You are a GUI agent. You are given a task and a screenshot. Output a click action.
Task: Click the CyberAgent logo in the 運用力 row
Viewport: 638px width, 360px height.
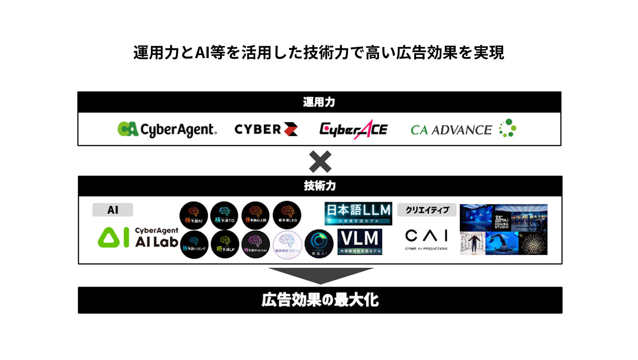tap(167, 130)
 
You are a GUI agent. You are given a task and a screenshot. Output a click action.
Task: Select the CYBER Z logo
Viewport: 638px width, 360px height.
tap(266, 129)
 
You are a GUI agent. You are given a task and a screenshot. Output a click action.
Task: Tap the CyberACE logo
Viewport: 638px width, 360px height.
tap(353, 130)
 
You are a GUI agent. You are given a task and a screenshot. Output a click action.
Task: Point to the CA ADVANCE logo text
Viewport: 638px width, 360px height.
tap(451, 130)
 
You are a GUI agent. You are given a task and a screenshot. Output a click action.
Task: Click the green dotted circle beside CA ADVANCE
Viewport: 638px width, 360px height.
tap(508, 128)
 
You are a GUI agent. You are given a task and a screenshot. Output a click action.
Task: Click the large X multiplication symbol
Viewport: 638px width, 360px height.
tap(320, 161)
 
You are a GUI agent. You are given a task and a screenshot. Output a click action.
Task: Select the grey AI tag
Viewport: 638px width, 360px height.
tap(113, 210)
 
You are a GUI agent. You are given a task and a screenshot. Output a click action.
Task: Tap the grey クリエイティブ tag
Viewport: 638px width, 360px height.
tap(427, 210)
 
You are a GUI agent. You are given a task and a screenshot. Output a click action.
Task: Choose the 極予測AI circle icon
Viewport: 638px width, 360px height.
tap(194, 215)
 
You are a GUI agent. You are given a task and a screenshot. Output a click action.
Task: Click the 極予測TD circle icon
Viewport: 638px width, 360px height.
tap(224, 215)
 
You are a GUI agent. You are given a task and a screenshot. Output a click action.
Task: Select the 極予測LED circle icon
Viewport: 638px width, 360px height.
tap(287, 215)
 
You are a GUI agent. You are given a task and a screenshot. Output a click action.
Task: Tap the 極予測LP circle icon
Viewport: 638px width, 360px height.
tap(225, 244)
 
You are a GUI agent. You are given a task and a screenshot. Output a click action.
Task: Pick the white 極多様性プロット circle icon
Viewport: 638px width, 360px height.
tap(287, 244)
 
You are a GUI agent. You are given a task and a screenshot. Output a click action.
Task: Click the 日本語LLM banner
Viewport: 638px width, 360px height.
tap(358, 213)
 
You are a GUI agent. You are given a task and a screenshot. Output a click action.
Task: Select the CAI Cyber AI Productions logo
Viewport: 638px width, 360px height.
tap(426, 238)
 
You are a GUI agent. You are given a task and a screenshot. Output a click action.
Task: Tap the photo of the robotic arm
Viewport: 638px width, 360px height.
tap(502, 243)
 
